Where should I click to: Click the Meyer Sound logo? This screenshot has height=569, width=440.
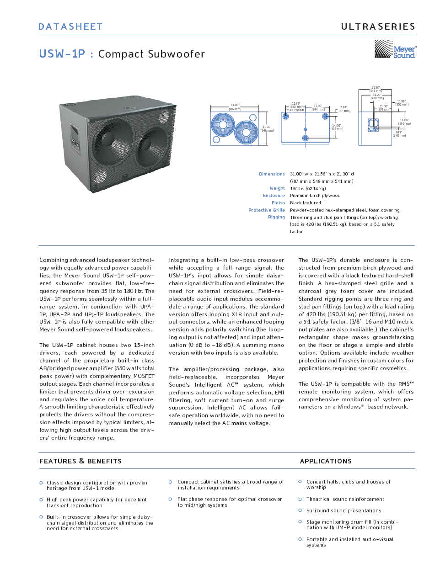coord(395,49)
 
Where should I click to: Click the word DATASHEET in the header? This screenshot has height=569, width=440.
coord(70,27)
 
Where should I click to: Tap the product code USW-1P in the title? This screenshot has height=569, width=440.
coord(62,54)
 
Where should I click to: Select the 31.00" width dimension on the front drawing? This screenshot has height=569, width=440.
coord(235,106)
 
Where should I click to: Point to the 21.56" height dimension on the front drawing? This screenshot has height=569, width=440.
coord(266,128)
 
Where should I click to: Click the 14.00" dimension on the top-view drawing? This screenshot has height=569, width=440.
coord(336,126)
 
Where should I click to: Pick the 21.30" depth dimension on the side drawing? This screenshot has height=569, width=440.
coord(376,88)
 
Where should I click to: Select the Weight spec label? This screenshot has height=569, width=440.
coord(277,188)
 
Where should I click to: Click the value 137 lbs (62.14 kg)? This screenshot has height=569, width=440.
coord(308,188)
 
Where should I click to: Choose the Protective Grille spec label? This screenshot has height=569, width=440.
coord(266,210)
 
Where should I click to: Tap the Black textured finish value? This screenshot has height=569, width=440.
coord(305,203)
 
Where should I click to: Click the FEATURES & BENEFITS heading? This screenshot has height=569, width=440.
coord(80,461)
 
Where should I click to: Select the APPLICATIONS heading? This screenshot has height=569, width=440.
coord(326,461)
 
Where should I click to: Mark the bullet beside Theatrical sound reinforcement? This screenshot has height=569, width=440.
coord(300,499)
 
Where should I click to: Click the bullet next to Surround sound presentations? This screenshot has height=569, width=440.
coord(300,511)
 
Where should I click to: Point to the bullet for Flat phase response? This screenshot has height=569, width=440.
coord(170,499)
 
